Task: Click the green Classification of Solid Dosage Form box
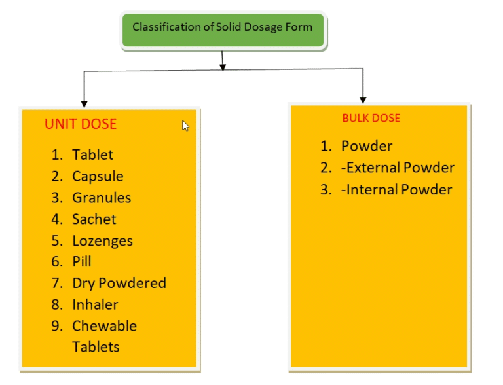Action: [x=223, y=29]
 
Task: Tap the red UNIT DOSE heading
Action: [x=81, y=124]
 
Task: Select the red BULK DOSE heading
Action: [x=371, y=119]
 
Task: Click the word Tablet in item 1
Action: [x=92, y=155]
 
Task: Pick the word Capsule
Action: [x=98, y=176]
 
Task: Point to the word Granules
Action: [x=102, y=198]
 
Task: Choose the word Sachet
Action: [x=94, y=219]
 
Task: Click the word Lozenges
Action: [x=102, y=241]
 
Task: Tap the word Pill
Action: [x=82, y=262]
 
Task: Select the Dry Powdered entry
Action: [x=119, y=283]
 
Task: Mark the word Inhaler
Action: [x=95, y=304]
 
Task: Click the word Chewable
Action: [x=105, y=326]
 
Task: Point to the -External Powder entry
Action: [x=398, y=168]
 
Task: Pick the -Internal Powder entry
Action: [x=397, y=190]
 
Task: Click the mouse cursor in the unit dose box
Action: [x=185, y=126]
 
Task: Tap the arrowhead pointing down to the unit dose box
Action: [x=84, y=102]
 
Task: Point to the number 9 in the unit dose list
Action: [x=57, y=326]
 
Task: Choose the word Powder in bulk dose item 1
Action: [x=367, y=146]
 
